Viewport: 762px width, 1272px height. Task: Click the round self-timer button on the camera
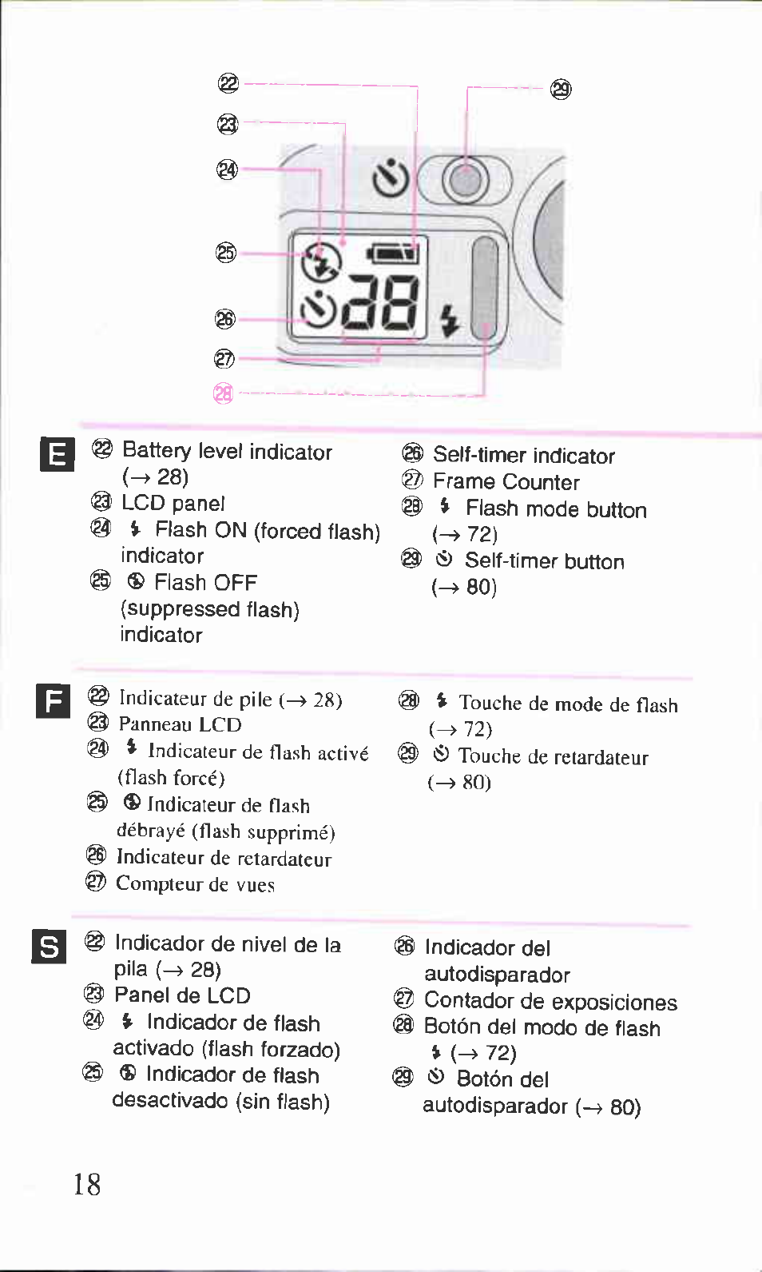coord(465,181)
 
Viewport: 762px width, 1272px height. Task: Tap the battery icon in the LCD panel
coord(393,254)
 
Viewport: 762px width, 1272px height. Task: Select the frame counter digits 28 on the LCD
coord(381,304)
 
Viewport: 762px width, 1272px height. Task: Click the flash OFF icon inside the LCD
coord(321,261)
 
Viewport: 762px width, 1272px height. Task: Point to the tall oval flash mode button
coord(484,288)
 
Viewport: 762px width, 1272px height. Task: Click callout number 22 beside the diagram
coord(228,83)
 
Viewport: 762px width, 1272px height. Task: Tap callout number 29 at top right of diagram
coord(562,89)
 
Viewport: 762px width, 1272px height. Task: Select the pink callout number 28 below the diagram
coord(224,393)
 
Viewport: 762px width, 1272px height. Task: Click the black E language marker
coord(57,455)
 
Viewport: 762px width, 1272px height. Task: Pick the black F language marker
coord(54,701)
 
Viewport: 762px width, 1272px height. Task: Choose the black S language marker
coord(49,947)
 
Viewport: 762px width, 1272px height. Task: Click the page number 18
coord(87,1183)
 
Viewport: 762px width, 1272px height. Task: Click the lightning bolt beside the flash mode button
coord(450,321)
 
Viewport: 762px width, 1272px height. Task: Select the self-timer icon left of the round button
coord(391,178)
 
